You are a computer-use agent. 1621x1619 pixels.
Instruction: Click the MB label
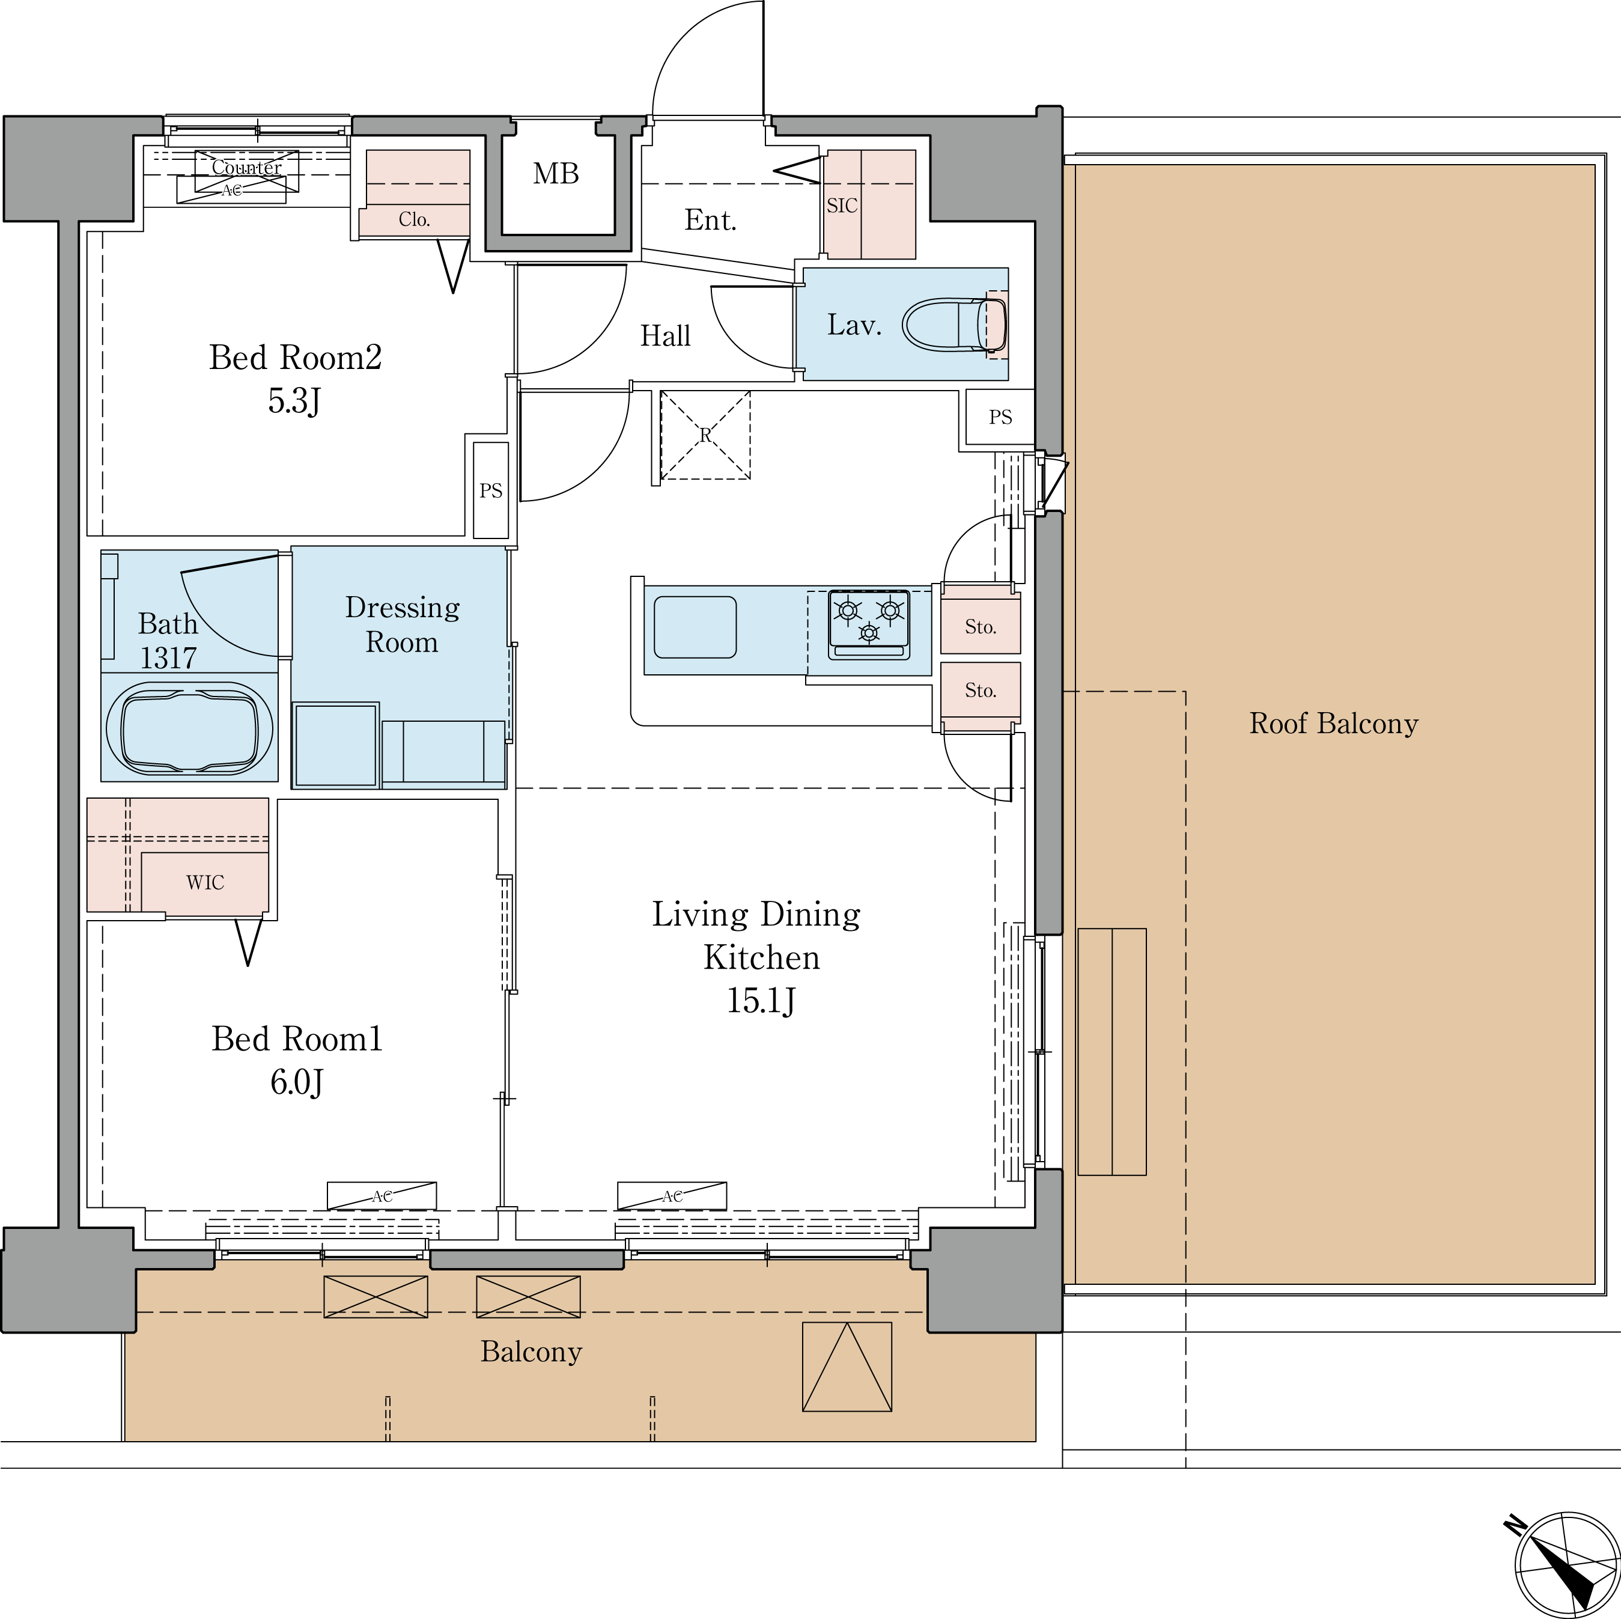coord(555,174)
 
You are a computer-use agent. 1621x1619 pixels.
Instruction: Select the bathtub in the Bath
coord(190,727)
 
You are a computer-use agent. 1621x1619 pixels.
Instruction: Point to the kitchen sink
coord(695,627)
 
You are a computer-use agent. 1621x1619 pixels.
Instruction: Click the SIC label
coord(842,206)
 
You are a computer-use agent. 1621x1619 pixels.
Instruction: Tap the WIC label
coord(205,882)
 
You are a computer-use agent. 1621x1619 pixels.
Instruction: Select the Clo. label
coord(415,220)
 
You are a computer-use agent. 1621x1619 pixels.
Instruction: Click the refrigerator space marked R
coord(705,434)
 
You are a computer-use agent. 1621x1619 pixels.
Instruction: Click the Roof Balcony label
coord(1333,724)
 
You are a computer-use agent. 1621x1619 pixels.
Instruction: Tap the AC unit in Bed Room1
coord(382,1195)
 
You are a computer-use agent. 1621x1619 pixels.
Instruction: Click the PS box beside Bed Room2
coord(491,490)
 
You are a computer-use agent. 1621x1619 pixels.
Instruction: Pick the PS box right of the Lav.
coord(999,417)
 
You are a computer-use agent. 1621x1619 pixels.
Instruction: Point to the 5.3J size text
coord(294,402)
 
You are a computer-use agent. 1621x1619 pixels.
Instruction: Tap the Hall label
coord(665,336)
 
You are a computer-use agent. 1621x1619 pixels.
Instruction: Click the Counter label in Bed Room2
coord(247,167)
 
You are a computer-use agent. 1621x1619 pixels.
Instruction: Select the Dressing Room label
coord(402,624)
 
